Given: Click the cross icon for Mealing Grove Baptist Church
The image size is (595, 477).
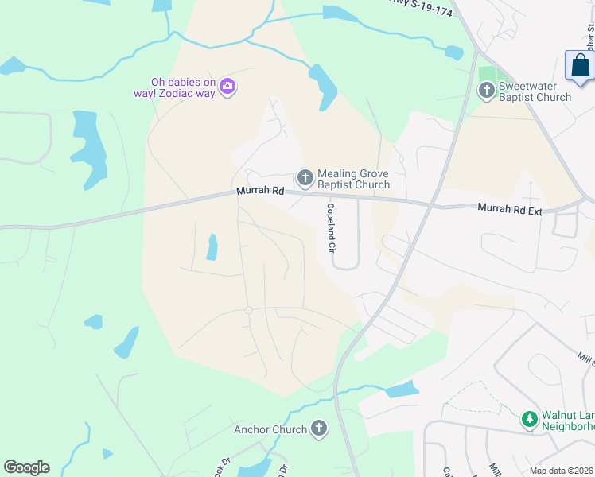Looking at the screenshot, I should coord(305,177).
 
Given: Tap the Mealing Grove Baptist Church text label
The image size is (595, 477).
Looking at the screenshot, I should coord(353,179).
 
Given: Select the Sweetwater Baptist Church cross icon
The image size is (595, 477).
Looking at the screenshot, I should coord(486,91).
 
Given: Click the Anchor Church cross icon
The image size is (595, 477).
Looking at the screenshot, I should coord(318,429).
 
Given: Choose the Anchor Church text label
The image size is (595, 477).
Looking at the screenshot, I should coord(270,430).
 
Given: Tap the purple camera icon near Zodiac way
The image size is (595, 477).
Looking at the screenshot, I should coord(227,86).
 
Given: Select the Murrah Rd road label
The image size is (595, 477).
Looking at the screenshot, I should coord(260,192).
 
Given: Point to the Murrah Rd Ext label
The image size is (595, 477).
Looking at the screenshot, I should coord(509,208).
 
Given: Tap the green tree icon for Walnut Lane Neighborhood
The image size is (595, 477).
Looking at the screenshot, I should coord(529,418).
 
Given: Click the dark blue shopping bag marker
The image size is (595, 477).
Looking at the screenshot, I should coord(580,67).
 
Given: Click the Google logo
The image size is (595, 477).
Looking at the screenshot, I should coord(26,467).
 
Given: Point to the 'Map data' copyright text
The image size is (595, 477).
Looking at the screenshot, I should coord(561,471).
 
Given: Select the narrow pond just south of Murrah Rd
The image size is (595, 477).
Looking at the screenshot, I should coord(212,247).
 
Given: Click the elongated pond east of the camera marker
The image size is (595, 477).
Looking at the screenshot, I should coord(323,86).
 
